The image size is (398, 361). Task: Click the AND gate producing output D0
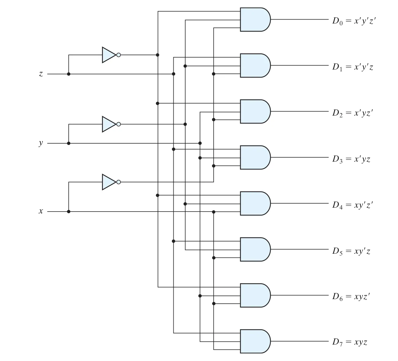(x=255, y=20)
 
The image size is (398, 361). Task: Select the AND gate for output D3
(x=255, y=158)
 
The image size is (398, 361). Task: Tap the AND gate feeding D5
(x=255, y=249)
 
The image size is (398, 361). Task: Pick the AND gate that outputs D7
(x=255, y=341)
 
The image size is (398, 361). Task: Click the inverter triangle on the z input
(x=109, y=55)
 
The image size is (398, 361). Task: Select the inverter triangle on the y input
(x=109, y=124)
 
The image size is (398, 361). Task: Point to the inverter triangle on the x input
(x=109, y=182)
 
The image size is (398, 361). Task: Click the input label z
(x=41, y=74)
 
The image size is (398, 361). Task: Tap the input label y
(x=41, y=143)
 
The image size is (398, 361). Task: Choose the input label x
(x=41, y=211)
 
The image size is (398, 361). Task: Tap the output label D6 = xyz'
(x=351, y=297)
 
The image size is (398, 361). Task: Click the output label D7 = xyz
(x=350, y=342)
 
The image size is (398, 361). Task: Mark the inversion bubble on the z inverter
(x=119, y=55)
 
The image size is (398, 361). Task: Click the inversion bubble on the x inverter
(x=119, y=182)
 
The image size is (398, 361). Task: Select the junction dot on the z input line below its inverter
(x=69, y=74)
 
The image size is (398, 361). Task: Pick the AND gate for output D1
(x=255, y=66)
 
